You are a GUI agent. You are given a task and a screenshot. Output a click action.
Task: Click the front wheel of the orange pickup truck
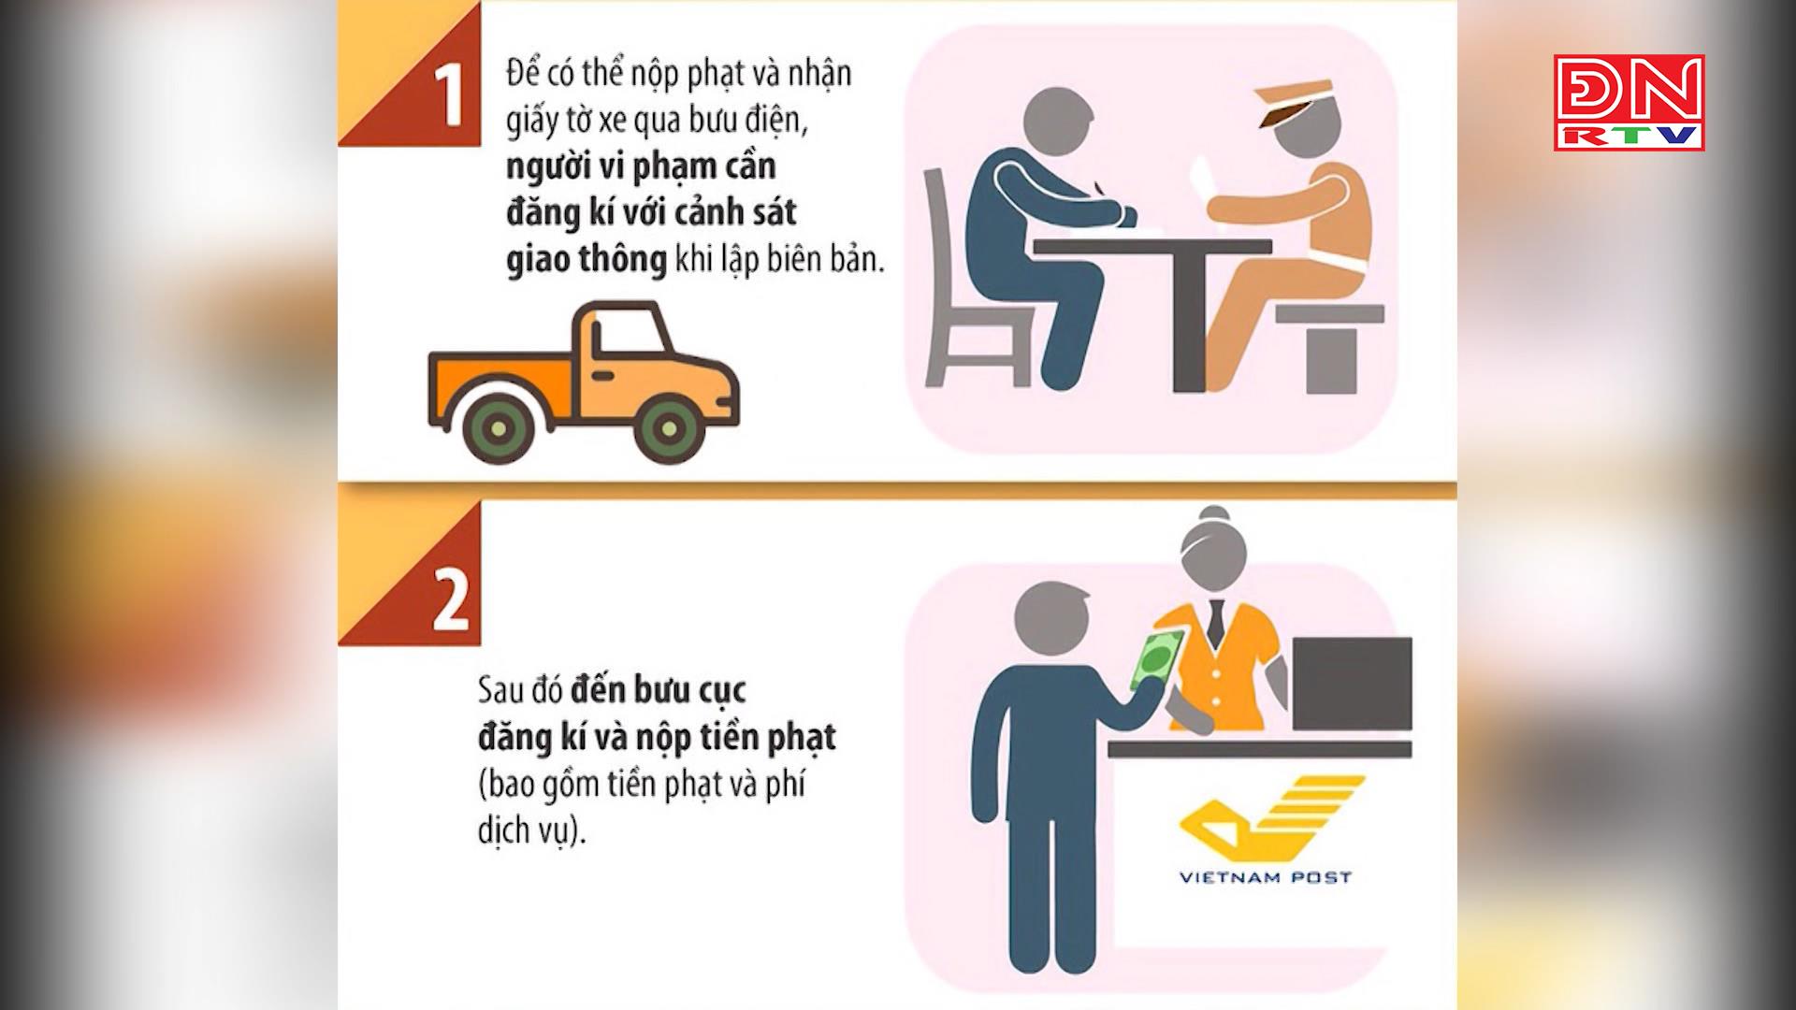point(665,429)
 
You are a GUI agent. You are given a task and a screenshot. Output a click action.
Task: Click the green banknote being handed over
point(1156,659)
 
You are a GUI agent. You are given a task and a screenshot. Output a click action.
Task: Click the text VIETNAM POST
point(1265,878)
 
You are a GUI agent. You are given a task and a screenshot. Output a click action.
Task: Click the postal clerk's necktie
point(1215,622)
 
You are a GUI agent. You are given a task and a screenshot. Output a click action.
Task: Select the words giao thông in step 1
point(586,260)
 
